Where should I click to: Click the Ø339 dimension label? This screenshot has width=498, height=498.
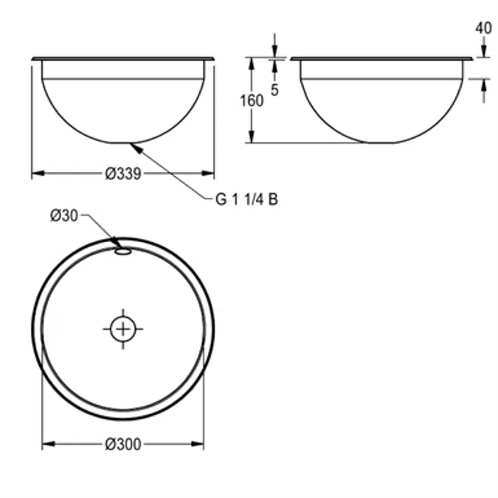122,174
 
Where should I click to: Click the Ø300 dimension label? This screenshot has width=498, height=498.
122,444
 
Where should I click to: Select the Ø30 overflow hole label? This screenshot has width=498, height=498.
64,215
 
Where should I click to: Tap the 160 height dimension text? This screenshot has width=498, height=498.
252,100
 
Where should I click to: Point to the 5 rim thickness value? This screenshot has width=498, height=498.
274,89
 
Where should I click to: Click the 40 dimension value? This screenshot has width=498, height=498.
483,28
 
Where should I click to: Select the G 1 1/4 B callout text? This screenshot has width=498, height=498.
246,199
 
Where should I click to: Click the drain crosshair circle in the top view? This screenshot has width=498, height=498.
122,328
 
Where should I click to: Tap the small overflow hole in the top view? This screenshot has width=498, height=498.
122,252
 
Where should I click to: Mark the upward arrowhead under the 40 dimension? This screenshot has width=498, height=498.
483,83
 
